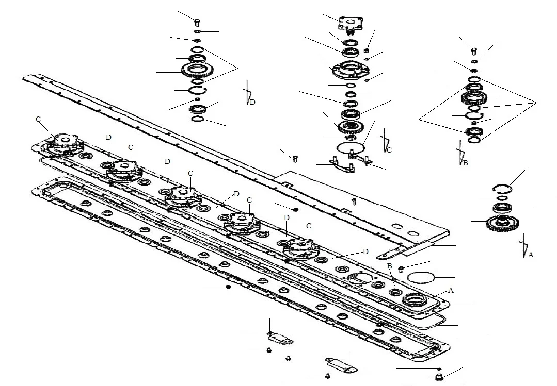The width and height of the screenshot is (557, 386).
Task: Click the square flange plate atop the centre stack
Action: click(x=351, y=23)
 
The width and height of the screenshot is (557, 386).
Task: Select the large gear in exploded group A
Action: click(x=502, y=224)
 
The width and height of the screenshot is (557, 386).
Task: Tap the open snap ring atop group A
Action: click(x=502, y=189)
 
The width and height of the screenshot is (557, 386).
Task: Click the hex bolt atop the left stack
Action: click(x=197, y=22)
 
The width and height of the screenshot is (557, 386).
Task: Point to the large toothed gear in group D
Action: click(x=197, y=70)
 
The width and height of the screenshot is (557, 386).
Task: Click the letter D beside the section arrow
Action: click(x=252, y=102)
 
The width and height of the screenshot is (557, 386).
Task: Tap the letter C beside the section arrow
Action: click(x=389, y=150)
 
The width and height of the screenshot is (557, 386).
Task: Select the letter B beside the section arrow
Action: click(x=465, y=163)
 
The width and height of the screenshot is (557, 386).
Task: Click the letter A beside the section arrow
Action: click(x=531, y=255)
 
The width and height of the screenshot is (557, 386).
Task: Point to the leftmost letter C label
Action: click(x=38, y=119)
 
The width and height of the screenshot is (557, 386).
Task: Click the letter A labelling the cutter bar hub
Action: click(x=451, y=290)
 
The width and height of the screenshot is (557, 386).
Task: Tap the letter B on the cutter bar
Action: click(x=389, y=266)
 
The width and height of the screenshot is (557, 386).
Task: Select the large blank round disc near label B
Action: click(x=421, y=277)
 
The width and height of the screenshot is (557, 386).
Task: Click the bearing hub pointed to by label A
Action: click(x=414, y=300)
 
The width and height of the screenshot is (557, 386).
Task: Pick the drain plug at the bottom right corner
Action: click(x=439, y=377)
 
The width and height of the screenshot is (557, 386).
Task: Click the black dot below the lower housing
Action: click(x=228, y=287)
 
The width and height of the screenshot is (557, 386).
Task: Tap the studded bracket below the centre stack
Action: click(x=342, y=164)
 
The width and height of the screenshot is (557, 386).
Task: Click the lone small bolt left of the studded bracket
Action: click(x=295, y=159)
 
